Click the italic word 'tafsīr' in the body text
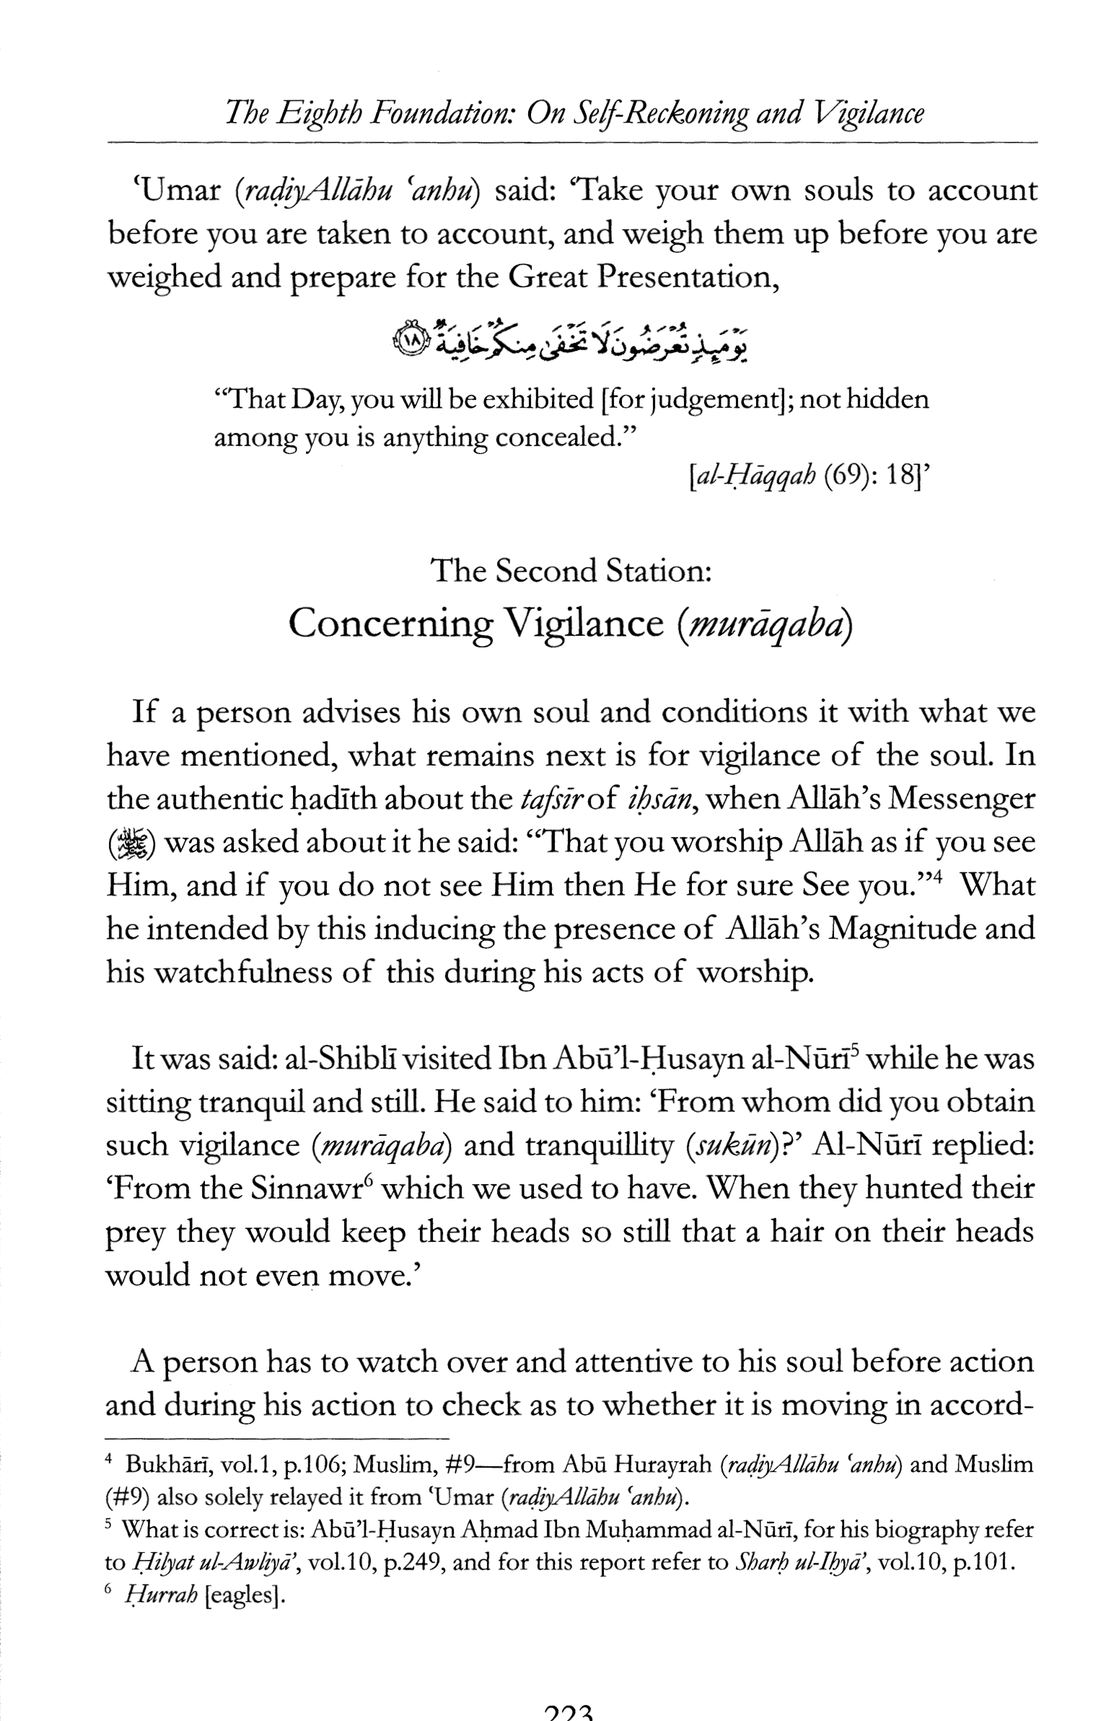552,800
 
